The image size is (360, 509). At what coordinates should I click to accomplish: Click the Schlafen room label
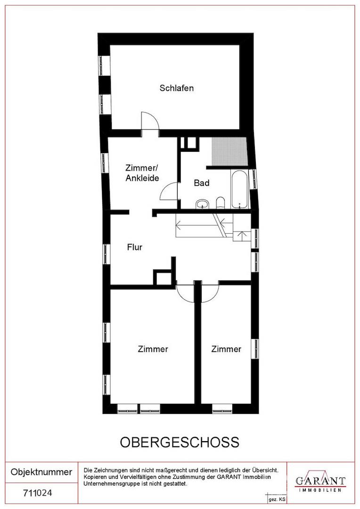click(x=177, y=88)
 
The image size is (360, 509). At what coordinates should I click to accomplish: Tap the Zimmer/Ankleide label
click(x=142, y=173)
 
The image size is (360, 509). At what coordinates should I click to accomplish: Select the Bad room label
click(x=202, y=183)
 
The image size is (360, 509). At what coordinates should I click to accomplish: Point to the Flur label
click(x=134, y=247)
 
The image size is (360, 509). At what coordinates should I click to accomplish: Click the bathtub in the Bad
click(x=239, y=189)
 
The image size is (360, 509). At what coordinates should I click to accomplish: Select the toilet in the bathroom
click(x=221, y=203)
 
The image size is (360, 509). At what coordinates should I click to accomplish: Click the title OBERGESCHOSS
click(x=180, y=442)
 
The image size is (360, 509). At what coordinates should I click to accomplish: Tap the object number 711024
click(x=38, y=493)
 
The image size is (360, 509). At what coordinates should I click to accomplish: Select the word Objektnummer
click(x=41, y=472)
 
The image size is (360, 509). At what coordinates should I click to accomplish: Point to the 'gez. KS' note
click(x=277, y=499)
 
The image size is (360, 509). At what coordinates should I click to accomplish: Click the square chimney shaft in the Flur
click(x=163, y=277)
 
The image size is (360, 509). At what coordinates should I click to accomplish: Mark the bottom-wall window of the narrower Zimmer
click(x=222, y=408)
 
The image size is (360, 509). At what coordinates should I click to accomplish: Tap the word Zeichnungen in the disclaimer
click(x=107, y=470)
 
